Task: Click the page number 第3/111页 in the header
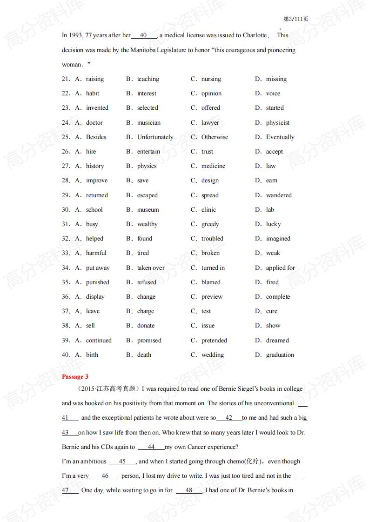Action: tap(295, 19)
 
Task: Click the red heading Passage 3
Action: tap(75, 377)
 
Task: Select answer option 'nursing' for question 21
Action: tap(211, 79)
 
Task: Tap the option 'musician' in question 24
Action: tap(148, 123)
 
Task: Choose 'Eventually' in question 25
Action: tap(280, 137)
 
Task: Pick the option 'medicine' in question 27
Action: tap(213, 166)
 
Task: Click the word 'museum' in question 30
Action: tap(148, 210)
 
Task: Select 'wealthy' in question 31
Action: tap(147, 224)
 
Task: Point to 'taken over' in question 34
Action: tap(151, 268)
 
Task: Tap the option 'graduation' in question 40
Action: tap(280, 355)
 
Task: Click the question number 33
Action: tap(66, 253)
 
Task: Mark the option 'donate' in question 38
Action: tap(146, 326)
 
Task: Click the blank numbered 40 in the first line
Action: tap(143, 35)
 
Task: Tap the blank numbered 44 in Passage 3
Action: tap(151, 447)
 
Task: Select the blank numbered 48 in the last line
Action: tap(188, 490)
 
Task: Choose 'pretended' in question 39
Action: tap(214, 341)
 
